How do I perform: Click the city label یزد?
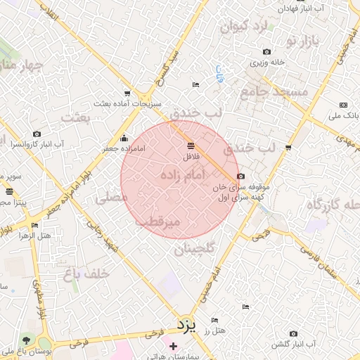click(184, 326)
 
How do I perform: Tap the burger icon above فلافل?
click(191, 146)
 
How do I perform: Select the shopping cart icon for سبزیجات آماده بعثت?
click(127, 93)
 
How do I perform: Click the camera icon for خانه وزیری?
click(266, 51)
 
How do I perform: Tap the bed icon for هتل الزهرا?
click(34, 226)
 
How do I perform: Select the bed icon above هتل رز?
click(245, 307)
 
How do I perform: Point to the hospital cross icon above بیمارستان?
click(173, 346)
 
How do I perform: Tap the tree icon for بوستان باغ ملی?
click(27, 340)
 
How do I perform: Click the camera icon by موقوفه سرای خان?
click(241, 176)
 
